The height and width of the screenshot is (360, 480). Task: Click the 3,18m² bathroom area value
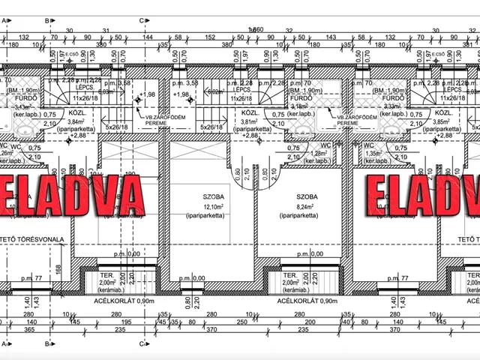(x=298, y=106)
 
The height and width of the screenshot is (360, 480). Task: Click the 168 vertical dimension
(x=59, y=268)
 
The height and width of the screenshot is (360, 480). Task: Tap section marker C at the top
(x=142, y=22)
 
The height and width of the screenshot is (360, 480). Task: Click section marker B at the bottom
(x=47, y=345)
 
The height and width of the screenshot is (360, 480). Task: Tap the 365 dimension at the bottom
(x=30, y=330)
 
